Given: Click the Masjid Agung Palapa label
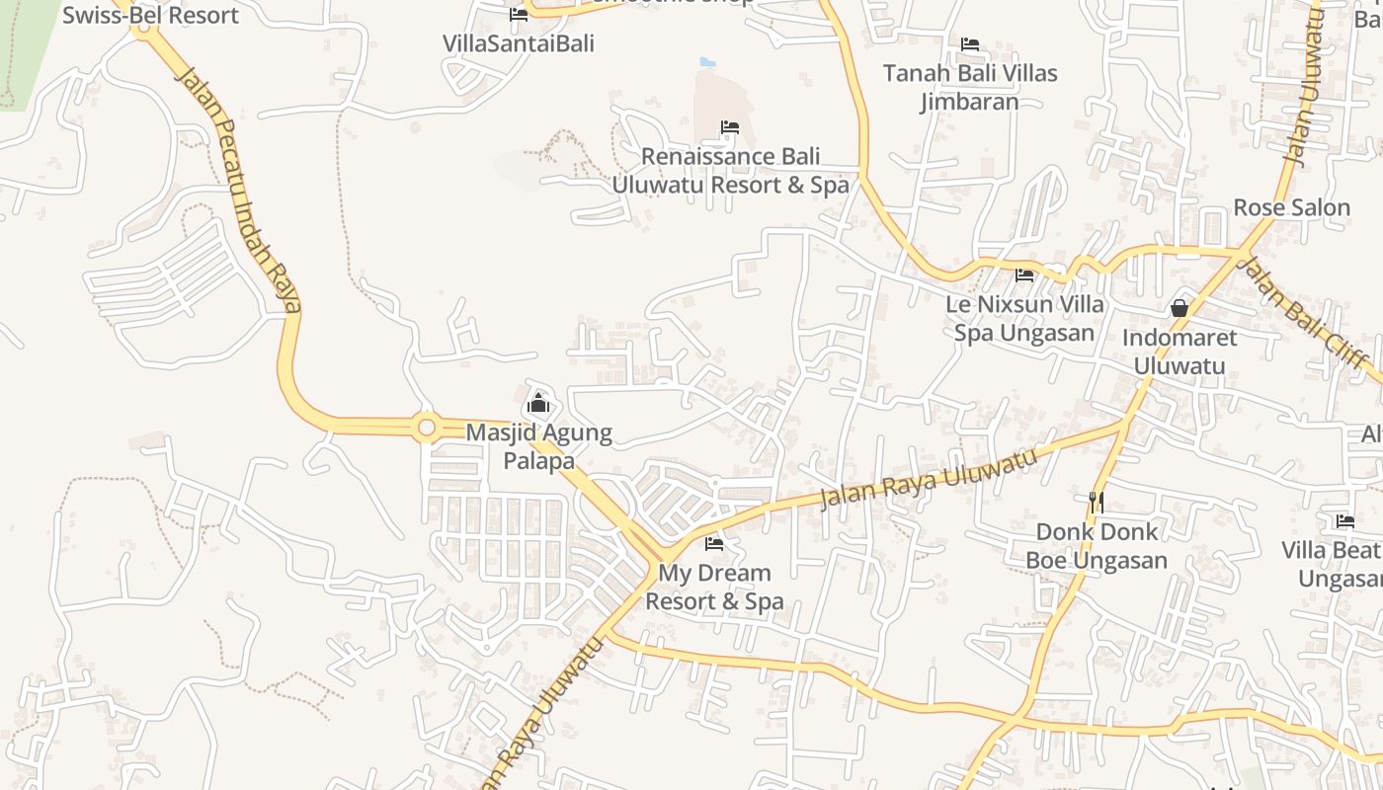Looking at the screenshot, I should (x=538, y=446).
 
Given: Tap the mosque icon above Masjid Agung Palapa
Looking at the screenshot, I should (x=538, y=403).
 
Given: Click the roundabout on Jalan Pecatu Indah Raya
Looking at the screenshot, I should (x=427, y=428).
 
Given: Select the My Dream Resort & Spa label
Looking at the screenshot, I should (x=714, y=587).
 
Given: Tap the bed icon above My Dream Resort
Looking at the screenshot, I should (x=714, y=544).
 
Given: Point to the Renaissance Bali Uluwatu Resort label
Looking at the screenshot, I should (x=730, y=171).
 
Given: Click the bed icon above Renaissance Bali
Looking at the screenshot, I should (x=730, y=127).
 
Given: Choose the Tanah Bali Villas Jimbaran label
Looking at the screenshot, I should (x=970, y=87).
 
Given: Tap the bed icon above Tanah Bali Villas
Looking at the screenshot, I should (x=970, y=44).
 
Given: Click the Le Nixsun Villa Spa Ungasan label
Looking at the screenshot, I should (x=1024, y=318).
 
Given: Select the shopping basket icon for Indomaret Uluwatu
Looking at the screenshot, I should (x=1179, y=308).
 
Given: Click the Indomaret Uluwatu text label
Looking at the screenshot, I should (x=1179, y=352).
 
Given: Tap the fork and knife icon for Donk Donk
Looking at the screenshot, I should (x=1096, y=502).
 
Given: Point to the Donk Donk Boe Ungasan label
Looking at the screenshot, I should (x=1096, y=546).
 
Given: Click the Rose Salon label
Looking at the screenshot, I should (x=1291, y=207).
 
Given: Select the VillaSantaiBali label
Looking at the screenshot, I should (x=519, y=43).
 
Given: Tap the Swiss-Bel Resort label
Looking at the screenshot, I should (x=150, y=16).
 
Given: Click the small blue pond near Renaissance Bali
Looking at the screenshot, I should (x=707, y=62).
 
